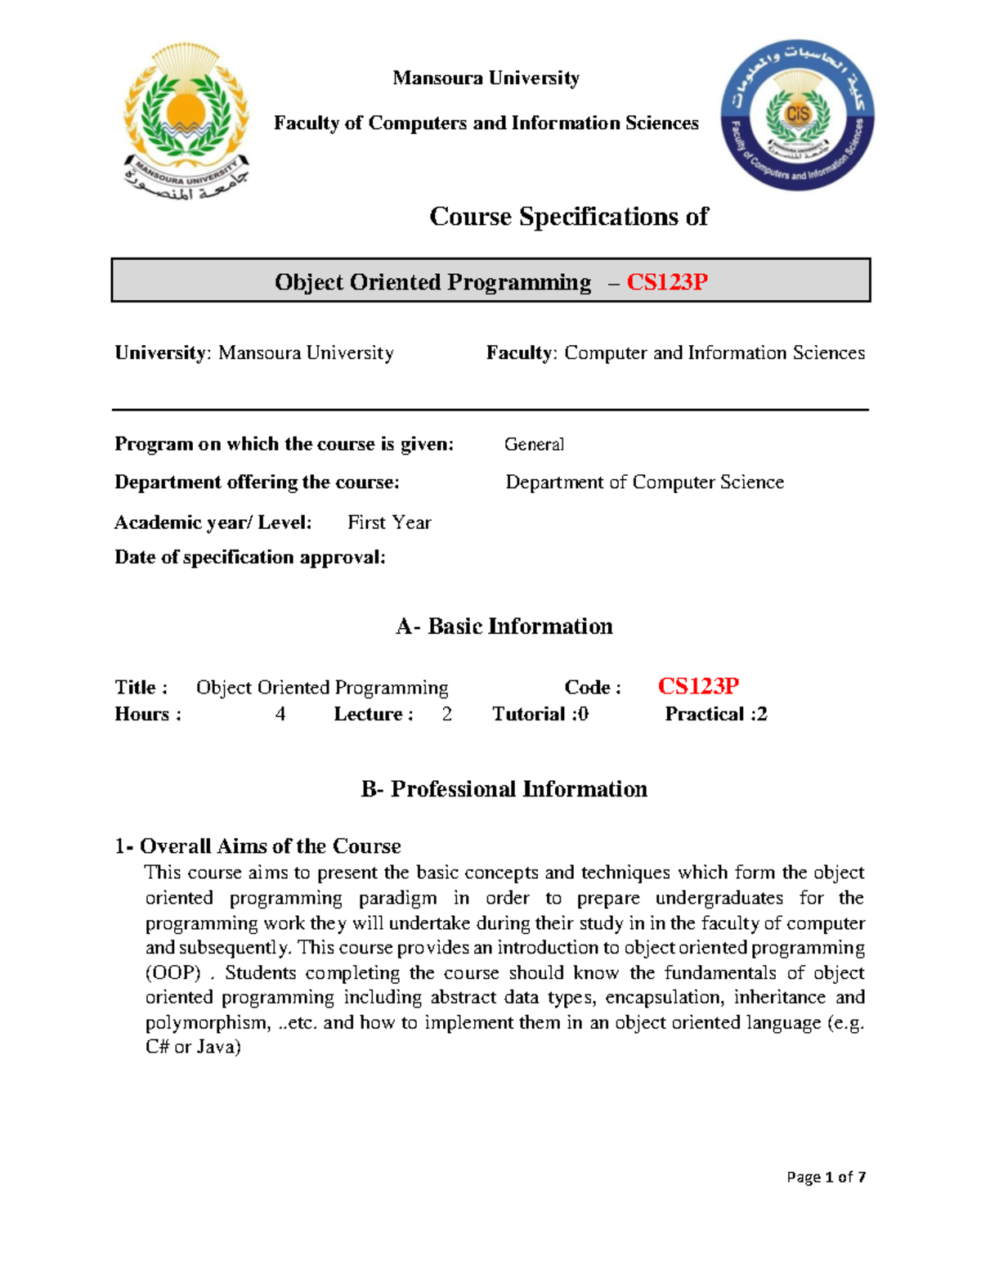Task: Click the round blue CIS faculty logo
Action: tap(797, 115)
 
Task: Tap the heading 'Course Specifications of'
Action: tap(568, 217)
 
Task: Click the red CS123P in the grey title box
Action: tap(666, 282)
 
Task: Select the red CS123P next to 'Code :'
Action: tap(698, 686)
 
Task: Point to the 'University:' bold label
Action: tap(163, 353)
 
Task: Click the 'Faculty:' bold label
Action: tap(522, 353)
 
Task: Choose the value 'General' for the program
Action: tap(534, 444)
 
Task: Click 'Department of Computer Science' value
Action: tap(644, 482)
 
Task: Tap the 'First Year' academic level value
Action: tap(389, 523)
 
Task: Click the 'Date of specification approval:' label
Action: tap(249, 558)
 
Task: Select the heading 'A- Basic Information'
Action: tap(504, 626)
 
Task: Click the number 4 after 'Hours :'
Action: tap(280, 715)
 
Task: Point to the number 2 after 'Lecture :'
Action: tap(446, 715)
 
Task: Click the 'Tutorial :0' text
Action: tap(540, 715)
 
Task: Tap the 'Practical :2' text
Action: tap(715, 715)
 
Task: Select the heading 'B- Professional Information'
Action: tap(504, 789)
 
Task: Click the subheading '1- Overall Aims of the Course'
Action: tap(258, 846)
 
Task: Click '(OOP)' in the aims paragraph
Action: tap(172, 973)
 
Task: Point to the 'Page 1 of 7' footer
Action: tap(826, 1177)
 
